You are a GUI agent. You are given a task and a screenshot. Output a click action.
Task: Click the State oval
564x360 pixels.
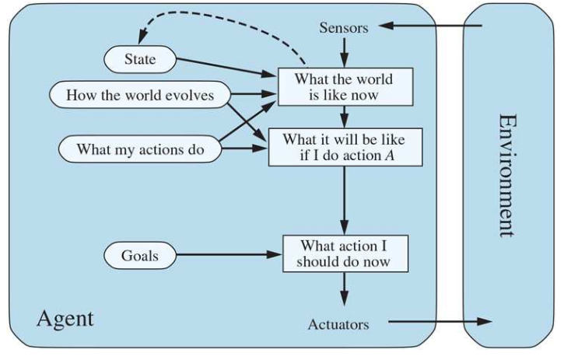[140, 58]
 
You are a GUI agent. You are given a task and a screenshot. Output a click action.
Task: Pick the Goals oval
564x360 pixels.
[139, 254]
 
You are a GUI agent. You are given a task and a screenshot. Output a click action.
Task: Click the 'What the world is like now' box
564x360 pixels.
[343, 87]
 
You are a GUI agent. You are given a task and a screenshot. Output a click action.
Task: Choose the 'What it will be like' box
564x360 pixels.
[343, 148]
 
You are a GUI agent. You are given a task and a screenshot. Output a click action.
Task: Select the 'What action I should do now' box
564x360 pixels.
[343, 253]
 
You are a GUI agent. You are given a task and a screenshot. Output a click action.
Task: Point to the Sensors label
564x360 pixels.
[344, 29]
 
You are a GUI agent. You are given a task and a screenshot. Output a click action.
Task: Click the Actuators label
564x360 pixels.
[338, 323]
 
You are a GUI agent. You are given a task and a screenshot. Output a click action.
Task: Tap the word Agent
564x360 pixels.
[65, 317]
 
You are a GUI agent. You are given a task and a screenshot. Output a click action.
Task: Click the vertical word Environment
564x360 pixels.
[507, 175]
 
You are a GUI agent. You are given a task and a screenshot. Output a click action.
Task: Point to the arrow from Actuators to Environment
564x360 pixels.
[440, 321]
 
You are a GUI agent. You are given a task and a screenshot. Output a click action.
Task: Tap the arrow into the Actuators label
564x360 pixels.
[343, 292]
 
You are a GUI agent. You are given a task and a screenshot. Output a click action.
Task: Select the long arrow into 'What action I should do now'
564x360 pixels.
[343, 198]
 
